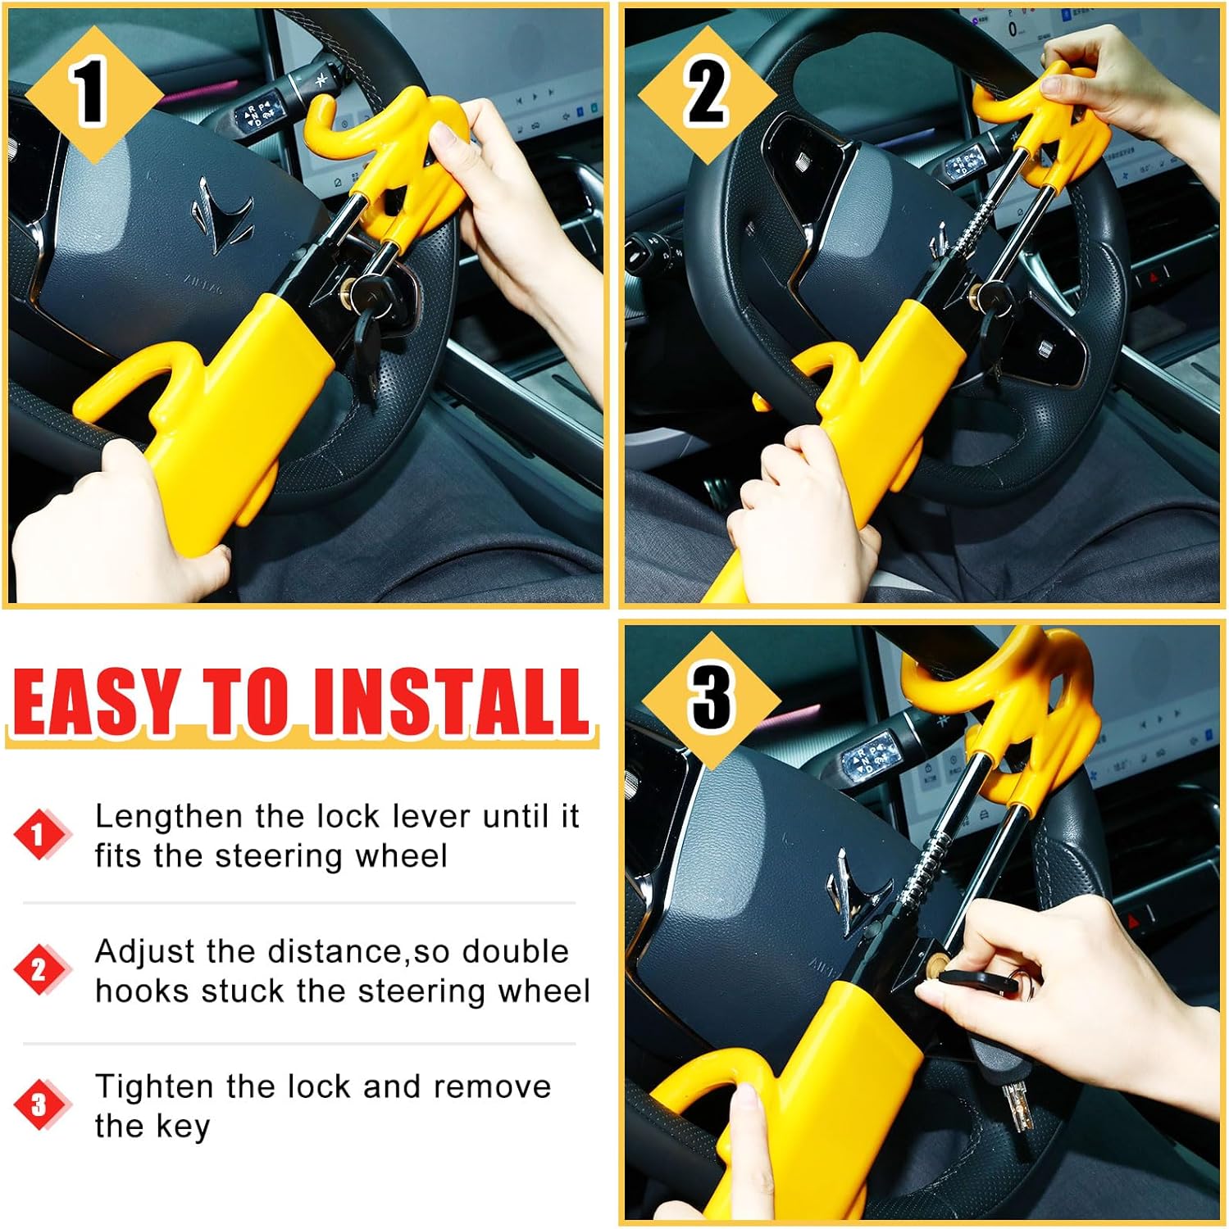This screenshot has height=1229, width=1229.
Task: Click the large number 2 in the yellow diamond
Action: [707, 93]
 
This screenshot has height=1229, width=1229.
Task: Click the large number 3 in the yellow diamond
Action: [710, 698]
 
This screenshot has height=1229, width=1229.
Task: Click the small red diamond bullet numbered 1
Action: [38, 835]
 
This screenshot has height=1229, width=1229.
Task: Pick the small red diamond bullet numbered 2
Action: [38, 970]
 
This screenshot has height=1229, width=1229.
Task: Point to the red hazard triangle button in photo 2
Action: [1154, 277]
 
